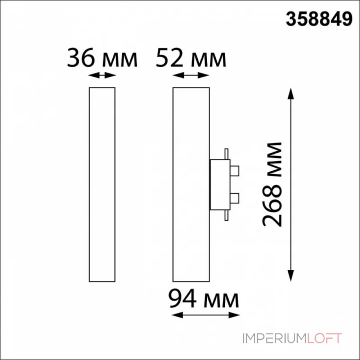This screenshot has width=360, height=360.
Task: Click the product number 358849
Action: (319, 19)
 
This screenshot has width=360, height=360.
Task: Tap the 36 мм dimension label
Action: (102, 58)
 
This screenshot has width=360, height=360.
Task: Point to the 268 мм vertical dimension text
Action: (272, 184)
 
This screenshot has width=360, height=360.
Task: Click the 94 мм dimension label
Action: (204, 299)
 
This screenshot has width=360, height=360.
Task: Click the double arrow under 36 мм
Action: (102, 75)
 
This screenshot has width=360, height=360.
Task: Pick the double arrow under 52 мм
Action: (191, 75)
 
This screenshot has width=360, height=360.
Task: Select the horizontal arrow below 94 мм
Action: (206, 315)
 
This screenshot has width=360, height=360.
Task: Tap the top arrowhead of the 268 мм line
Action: (291, 94)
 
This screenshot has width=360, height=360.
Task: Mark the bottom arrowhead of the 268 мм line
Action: (291, 275)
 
